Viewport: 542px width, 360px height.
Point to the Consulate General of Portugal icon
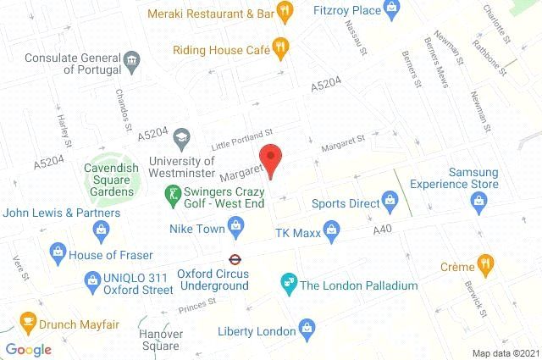[131, 59]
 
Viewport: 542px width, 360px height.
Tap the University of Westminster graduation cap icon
[181, 137]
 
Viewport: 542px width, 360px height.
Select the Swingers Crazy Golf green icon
[174, 195]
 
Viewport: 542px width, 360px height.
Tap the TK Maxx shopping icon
[333, 227]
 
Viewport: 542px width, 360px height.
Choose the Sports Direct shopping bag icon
[390, 202]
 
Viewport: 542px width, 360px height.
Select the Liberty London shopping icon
[307, 329]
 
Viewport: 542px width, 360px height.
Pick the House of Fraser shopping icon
[58, 251]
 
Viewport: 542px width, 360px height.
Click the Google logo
[28, 349]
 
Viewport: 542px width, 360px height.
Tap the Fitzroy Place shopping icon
[390, 10]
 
